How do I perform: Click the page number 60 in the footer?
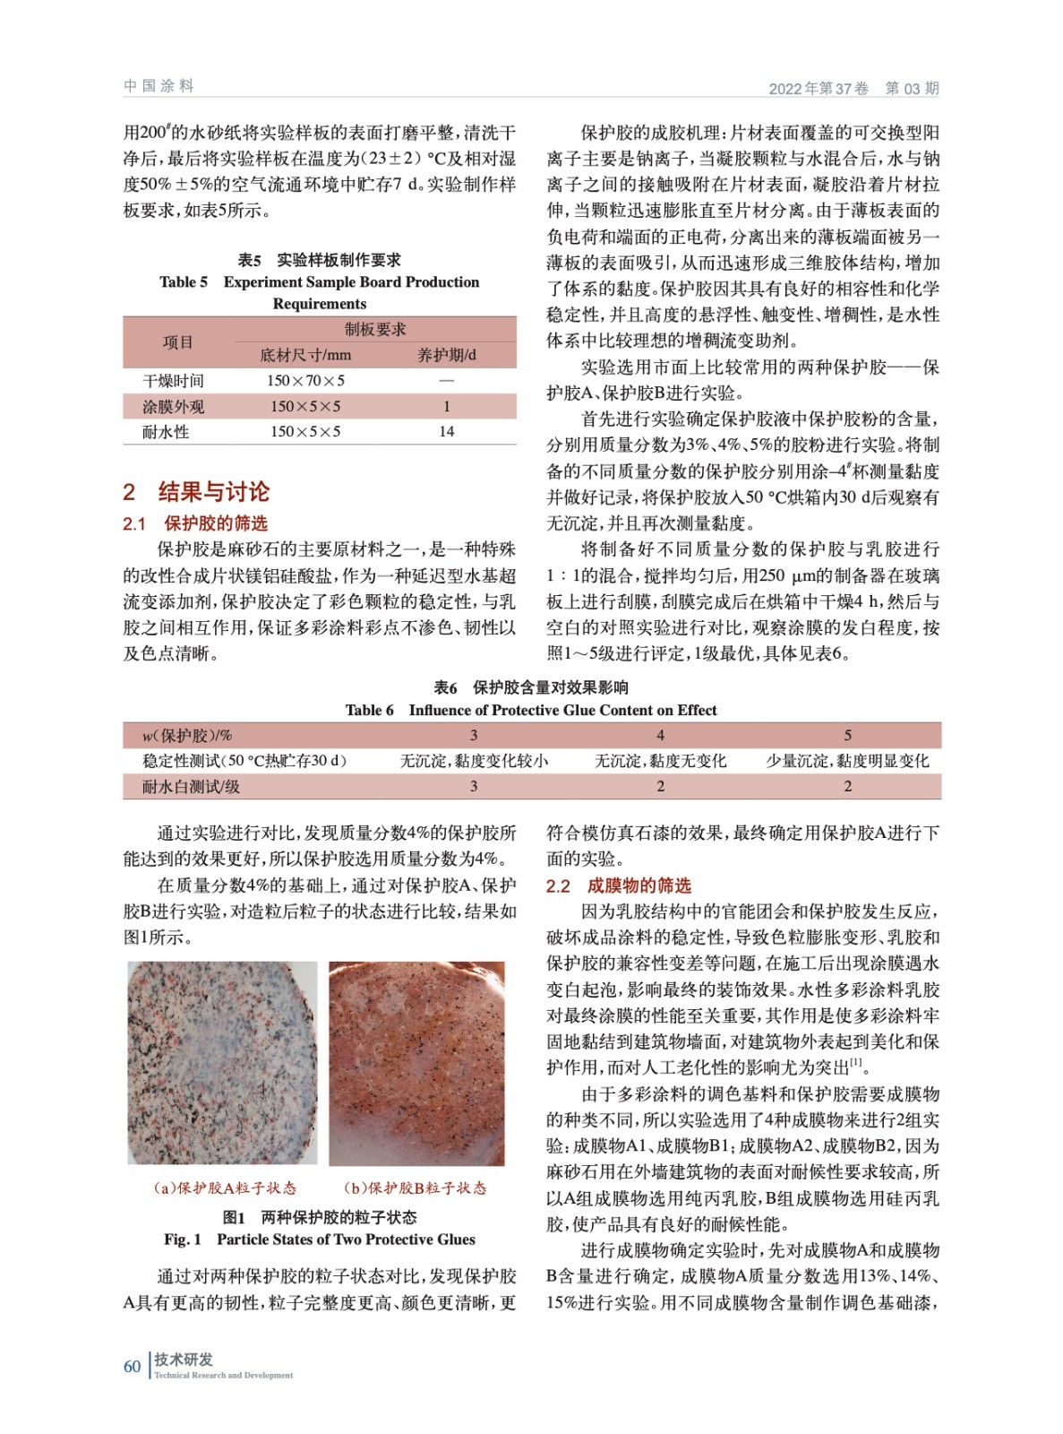[x=132, y=1366]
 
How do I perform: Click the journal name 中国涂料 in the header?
[x=159, y=86]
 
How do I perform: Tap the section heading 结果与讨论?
[x=213, y=491]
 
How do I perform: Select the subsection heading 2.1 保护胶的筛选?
[x=195, y=523]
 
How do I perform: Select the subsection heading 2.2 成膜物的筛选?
[x=619, y=885]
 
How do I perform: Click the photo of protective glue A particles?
[x=222, y=1063]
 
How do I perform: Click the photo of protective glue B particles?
[x=416, y=1063]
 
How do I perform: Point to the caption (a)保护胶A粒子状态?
[x=224, y=1188]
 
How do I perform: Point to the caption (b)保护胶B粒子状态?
[x=416, y=1188]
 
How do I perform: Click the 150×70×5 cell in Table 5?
[x=305, y=380]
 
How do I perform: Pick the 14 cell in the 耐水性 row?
[x=446, y=432]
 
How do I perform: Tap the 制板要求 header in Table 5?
[x=374, y=329]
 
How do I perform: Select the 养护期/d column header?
[x=446, y=355]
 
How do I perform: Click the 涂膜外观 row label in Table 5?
[x=173, y=406]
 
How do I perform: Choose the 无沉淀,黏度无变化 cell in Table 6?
[x=660, y=761]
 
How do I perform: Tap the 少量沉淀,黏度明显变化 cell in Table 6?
[x=847, y=761]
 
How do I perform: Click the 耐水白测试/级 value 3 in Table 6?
[x=474, y=786]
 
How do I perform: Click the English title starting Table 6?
[x=531, y=710]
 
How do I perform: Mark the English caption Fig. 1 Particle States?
[x=320, y=1240]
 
